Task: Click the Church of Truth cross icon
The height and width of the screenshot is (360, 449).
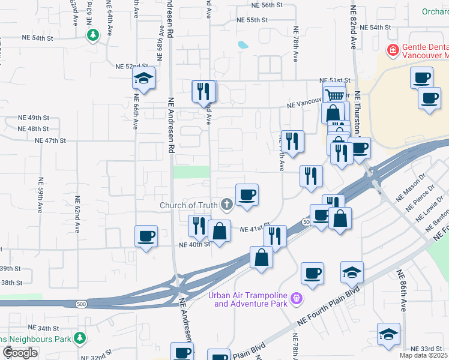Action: coord(227,205)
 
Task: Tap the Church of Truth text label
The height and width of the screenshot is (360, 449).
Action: coord(188,205)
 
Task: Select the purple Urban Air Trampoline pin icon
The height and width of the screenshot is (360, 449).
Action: coord(296,298)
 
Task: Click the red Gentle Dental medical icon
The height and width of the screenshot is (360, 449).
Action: coord(393,50)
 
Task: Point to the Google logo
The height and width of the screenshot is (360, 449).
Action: coord(19,352)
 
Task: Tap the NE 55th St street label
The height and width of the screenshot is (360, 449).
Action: coord(252,20)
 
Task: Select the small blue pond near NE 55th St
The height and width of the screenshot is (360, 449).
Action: coord(243,44)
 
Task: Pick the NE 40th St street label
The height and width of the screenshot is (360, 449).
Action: coord(194,244)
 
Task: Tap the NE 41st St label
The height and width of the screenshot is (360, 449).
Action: coord(252,229)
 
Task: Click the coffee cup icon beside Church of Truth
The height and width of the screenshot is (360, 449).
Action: coord(247,194)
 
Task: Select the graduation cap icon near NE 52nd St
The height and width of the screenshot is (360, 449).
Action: coord(144,78)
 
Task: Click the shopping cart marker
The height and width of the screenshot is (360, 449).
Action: coord(335,94)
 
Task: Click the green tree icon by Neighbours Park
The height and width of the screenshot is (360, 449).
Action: coord(79,339)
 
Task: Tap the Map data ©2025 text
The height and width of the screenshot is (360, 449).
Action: coord(424,355)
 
